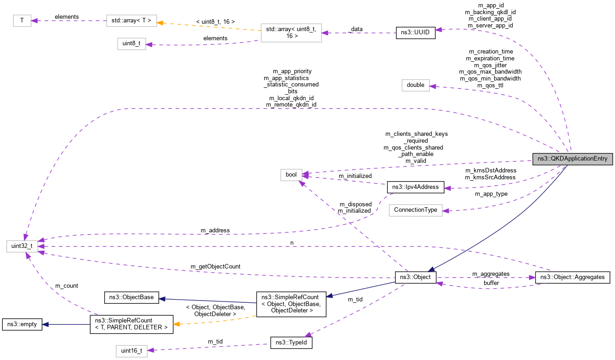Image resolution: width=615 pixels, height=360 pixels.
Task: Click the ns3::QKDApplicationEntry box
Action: tap(572, 159)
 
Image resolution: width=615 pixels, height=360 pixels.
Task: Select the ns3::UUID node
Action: tap(415, 33)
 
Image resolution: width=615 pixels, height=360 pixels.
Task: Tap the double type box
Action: tap(416, 85)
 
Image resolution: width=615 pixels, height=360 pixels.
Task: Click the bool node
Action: tap(291, 174)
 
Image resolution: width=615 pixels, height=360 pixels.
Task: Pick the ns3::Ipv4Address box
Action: tap(416, 187)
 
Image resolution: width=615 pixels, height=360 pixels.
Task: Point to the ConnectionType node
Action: tap(415, 210)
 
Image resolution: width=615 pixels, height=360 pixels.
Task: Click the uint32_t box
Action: tap(22, 246)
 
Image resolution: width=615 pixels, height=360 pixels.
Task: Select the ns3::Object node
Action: tap(416, 277)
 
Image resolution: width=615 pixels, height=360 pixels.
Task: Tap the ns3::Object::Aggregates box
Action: tap(572, 277)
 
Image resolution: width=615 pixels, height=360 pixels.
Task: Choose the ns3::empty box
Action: tap(22, 324)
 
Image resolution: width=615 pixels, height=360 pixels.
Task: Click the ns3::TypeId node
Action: tap(291, 343)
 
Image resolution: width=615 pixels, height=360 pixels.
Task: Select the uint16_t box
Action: tap(132, 351)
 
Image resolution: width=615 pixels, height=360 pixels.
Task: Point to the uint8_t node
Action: tap(132, 44)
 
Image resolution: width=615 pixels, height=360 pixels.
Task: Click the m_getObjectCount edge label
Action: tap(215, 266)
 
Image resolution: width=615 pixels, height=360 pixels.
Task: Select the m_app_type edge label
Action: tap(491, 194)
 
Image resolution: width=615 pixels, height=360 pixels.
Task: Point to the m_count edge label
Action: tap(66, 285)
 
